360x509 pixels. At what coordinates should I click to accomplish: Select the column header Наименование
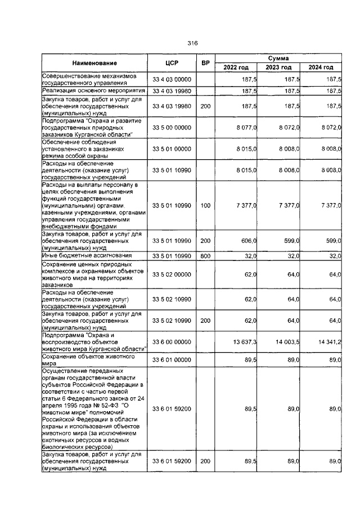tap(94, 63)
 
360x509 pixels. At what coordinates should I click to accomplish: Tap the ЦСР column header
tap(172, 63)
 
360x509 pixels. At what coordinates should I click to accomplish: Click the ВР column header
tap(205, 63)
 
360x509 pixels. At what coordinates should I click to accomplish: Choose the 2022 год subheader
tap(236, 67)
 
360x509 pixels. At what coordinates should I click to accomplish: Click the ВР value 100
tap(205, 206)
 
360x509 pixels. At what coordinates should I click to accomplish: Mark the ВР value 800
tap(205, 256)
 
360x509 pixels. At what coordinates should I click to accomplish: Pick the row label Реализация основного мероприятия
tap(93, 90)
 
